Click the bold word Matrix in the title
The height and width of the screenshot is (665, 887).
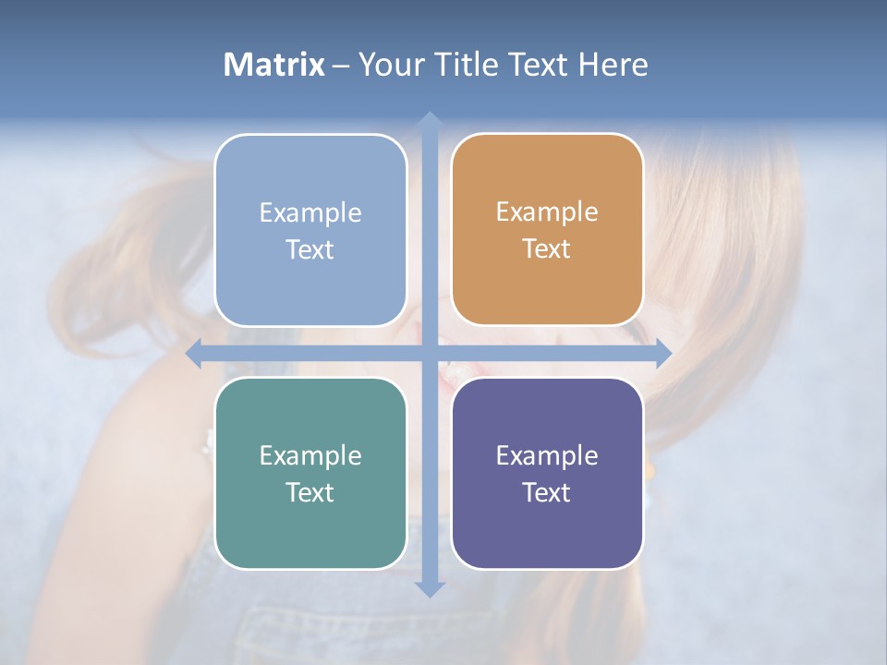click(273, 65)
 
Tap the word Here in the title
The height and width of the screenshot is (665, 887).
click(613, 65)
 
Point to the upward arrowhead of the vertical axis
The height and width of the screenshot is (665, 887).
click(429, 119)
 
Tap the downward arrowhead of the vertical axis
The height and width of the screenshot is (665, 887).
click(429, 588)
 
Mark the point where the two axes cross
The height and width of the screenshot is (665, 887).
click(429, 354)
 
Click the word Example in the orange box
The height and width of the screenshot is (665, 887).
click(547, 212)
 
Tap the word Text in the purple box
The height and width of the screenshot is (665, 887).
click(547, 492)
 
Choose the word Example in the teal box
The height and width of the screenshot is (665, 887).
click(310, 455)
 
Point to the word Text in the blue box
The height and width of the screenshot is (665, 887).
click(310, 249)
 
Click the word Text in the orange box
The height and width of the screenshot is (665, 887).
click(547, 249)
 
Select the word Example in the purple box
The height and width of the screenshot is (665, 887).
click(547, 455)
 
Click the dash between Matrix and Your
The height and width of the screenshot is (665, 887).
click(341, 66)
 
